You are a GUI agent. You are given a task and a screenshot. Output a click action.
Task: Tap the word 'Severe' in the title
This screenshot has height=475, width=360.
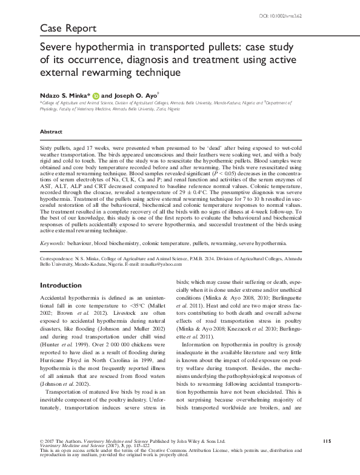[x=57, y=47]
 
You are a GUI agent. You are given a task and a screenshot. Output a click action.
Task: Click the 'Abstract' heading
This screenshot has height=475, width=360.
[x=51, y=132]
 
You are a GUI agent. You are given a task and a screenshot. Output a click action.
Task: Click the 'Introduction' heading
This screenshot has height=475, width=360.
[x=61, y=285]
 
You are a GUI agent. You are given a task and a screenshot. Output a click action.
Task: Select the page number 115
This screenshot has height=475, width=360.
[x=325, y=441]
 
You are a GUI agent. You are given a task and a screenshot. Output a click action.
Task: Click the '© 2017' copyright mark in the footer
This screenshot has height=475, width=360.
[x=47, y=441]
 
